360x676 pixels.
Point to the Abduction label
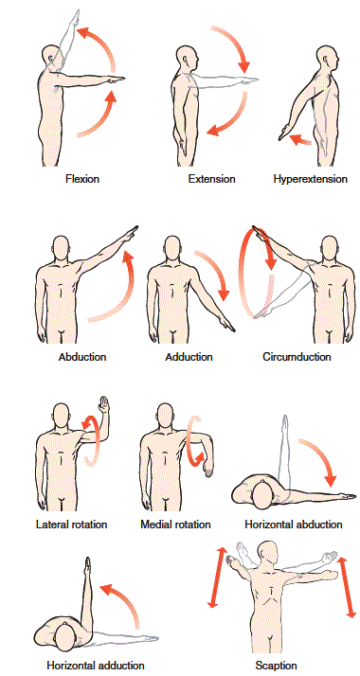coord(82,357)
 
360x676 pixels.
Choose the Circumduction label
coord(297,357)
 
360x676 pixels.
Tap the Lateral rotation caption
coord(71,524)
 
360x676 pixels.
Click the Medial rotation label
coord(175,524)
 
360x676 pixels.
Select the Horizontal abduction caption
coord(294,524)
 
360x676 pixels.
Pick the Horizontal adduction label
coord(96,666)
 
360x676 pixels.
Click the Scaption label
coord(277,666)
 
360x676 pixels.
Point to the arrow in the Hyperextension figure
coord(298,139)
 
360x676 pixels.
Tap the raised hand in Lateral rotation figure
coord(107,404)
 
